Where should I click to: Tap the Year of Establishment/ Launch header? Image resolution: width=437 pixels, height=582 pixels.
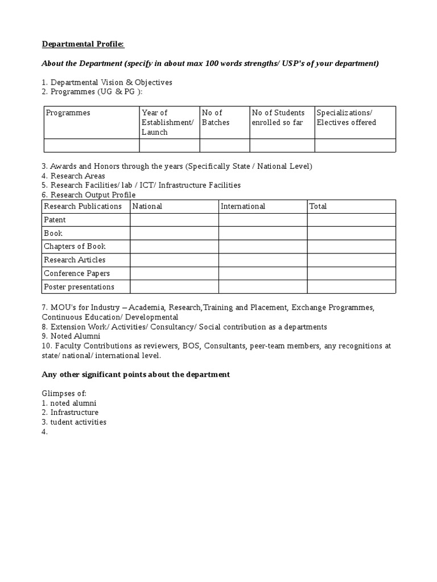[x=168, y=122]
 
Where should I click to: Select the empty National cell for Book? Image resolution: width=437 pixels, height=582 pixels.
[x=174, y=234]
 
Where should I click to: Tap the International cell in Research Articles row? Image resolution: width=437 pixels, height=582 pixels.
[x=262, y=260]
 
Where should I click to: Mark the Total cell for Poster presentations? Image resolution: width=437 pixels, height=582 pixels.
[x=351, y=287]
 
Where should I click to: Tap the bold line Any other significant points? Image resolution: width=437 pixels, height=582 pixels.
[x=135, y=375]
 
